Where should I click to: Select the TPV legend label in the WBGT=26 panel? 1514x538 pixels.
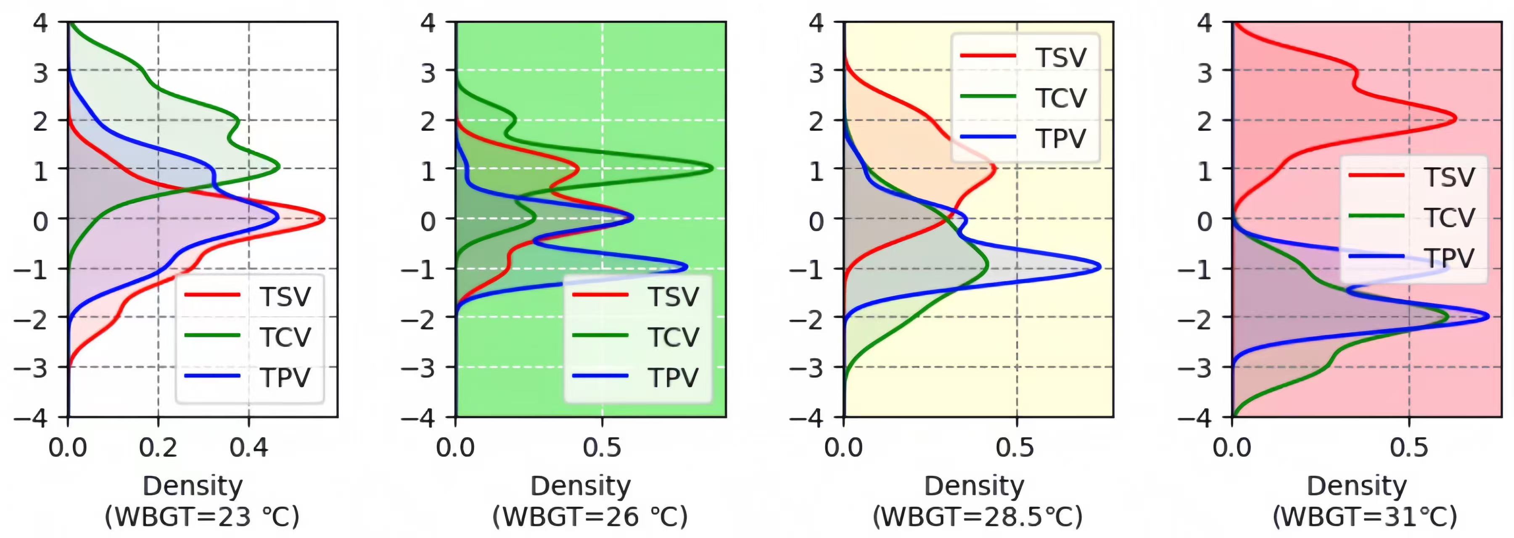[673, 377]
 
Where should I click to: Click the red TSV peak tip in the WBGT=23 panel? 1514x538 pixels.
[324, 219]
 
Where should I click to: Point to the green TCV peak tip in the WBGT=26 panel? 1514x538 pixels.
[712, 169]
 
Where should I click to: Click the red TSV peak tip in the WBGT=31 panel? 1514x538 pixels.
[1456, 119]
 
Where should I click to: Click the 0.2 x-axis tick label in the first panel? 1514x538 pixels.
[158, 448]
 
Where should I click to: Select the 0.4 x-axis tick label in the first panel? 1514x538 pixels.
[248, 448]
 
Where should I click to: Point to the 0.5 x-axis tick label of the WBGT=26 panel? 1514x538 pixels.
[602, 448]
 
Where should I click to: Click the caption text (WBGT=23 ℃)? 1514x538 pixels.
[201, 517]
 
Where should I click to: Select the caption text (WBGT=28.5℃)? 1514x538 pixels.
[977, 517]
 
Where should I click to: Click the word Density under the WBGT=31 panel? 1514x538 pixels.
[1356, 486]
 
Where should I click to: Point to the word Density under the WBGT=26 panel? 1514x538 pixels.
[580, 486]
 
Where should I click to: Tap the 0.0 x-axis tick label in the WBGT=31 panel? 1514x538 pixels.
[1232, 448]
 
